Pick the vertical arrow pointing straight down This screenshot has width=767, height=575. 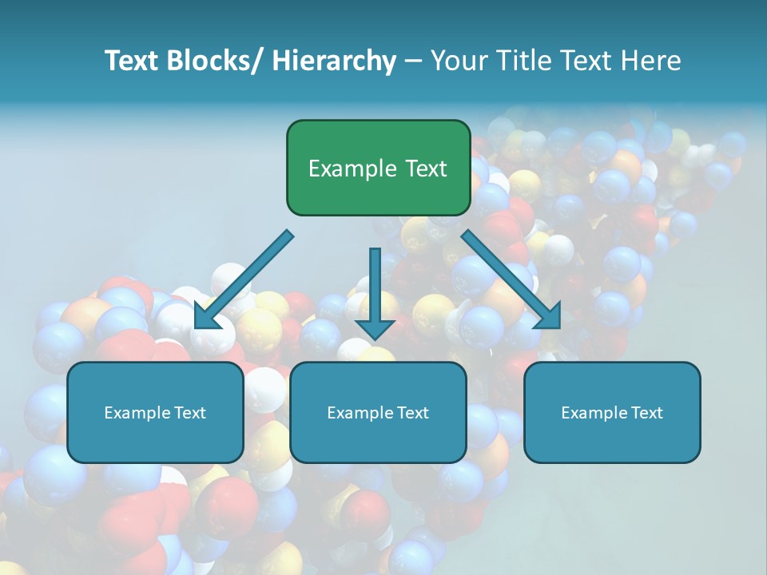point(375,287)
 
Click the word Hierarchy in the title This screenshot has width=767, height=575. point(333,61)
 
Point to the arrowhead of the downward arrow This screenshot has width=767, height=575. point(375,328)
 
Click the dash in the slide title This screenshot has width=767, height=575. point(413,61)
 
